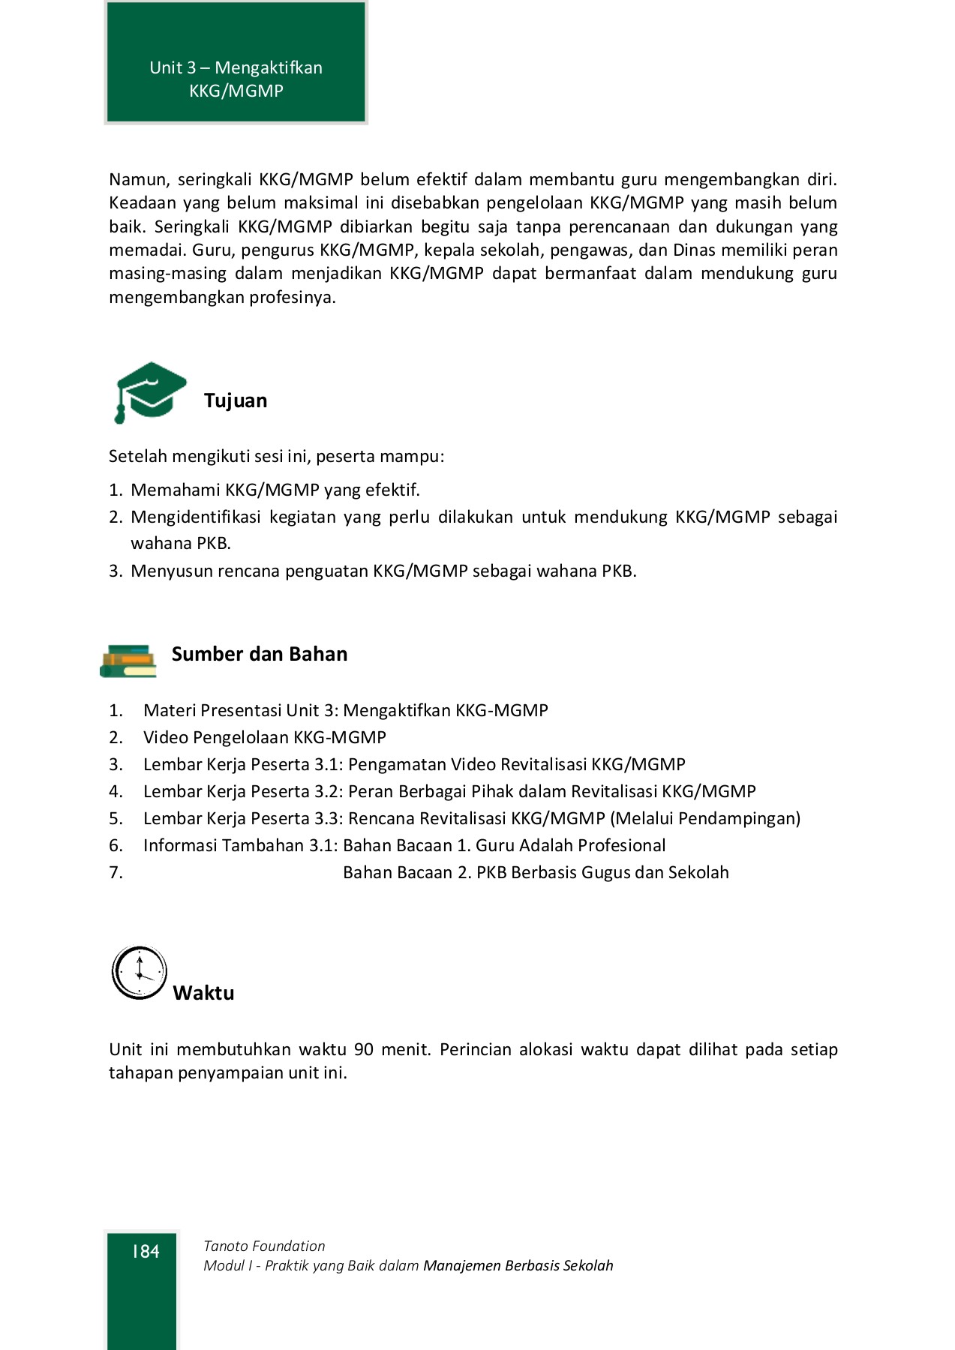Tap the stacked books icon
click(x=128, y=661)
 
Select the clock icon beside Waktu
click(x=140, y=973)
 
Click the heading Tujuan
click(x=236, y=400)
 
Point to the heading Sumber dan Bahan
click(x=260, y=654)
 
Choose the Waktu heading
click(x=203, y=993)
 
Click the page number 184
click(x=146, y=1251)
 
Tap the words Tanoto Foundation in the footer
click(x=264, y=1246)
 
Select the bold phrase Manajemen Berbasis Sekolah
click(x=518, y=1265)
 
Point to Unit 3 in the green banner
click(x=173, y=67)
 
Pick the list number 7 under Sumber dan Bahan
click(x=116, y=872)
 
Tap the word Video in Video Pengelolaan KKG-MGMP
click(x=166, y=737)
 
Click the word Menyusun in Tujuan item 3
click(x=172, y=571)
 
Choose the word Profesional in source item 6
click(x=619, y=845)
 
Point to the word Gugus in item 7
click(x=606, y=872)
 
